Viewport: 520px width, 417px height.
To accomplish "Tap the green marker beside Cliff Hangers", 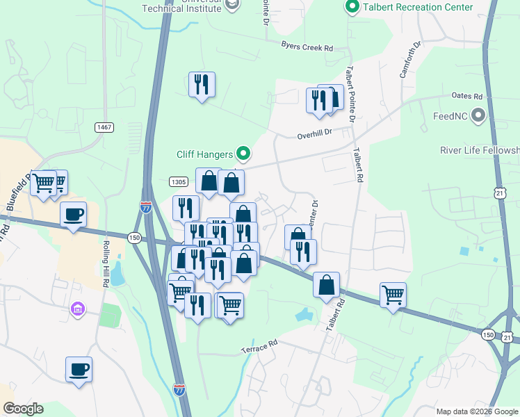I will coord(243,153).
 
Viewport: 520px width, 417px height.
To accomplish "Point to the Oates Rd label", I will coord(466,96).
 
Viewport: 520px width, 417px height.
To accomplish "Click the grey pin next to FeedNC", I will coord(478,115).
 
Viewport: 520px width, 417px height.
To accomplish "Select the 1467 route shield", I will coord(104,127).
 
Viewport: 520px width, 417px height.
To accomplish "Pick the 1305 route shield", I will coord(178,181).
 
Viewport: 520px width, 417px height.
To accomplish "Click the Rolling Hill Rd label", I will coord(105,265).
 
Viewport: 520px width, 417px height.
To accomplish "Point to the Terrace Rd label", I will coord(259,345).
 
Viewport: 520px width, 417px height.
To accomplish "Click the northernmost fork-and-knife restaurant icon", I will coord(202,85).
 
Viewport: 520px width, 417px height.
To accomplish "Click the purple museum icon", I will coord(77,308).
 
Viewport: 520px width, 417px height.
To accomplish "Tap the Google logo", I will coord(22,409).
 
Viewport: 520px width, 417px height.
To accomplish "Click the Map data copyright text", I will coord(477,411).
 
